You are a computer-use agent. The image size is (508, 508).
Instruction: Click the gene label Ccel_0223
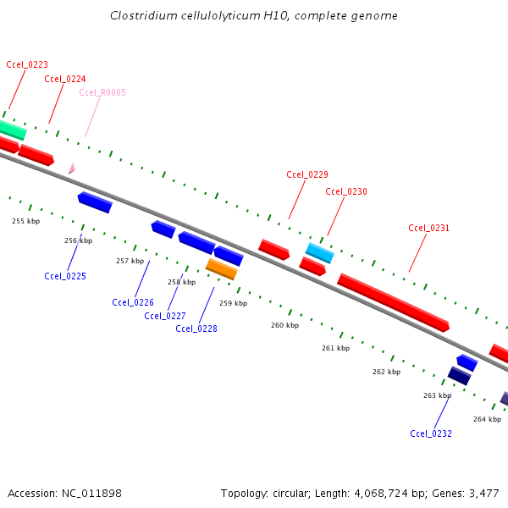(27, 64)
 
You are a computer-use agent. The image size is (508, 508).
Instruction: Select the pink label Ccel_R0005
(102, 92)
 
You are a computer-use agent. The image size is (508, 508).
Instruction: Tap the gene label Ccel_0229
(307, 174)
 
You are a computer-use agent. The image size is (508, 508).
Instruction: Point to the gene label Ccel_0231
(429, 228)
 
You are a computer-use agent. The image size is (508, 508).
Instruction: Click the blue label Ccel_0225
(65, 276)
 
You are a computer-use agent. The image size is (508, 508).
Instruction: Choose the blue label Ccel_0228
(196, 329)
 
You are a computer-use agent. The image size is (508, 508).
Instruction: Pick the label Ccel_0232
(431, 433)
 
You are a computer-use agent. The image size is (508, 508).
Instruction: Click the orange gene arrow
(221, 269)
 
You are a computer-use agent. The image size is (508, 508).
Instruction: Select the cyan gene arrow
(319, 252)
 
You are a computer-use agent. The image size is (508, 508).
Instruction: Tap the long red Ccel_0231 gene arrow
(393, 302)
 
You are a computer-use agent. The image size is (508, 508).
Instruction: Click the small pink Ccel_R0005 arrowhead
(72, 168)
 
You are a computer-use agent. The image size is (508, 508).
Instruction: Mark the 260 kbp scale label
(285, 325)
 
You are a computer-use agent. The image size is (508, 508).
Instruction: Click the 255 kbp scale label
(25, 221)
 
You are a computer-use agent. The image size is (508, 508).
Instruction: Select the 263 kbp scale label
(437, 395)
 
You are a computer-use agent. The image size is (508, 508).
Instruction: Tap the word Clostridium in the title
(143, 16)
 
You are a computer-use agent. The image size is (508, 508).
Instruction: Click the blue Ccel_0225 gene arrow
(95, 202)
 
